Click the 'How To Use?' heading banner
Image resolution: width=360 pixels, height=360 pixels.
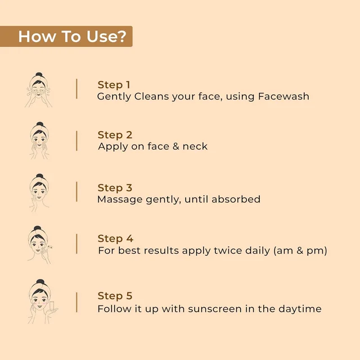66,36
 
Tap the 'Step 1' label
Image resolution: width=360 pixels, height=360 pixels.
114,85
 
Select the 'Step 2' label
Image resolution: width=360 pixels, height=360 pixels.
115,135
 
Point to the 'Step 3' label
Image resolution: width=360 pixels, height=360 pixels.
115,188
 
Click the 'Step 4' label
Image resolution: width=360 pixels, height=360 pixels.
115,238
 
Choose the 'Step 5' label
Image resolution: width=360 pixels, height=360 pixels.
115,296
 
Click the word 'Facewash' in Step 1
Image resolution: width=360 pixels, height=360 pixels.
283,96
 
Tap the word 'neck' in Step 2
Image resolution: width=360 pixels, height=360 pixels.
195,146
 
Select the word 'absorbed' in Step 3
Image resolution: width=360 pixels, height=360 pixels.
236,199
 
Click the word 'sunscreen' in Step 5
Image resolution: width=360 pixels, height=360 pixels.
215,309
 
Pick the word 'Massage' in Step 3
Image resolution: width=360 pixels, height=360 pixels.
120,200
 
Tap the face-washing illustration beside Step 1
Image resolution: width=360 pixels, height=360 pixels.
39,90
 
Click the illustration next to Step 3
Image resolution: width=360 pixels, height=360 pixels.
39,192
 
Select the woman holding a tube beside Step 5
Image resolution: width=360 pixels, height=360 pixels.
43,301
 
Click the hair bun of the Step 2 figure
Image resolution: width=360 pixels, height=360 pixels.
40,124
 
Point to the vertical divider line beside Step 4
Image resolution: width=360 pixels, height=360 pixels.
76,244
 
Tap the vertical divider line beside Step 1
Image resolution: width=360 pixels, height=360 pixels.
76,89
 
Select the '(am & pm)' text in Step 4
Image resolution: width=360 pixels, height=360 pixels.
300,250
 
